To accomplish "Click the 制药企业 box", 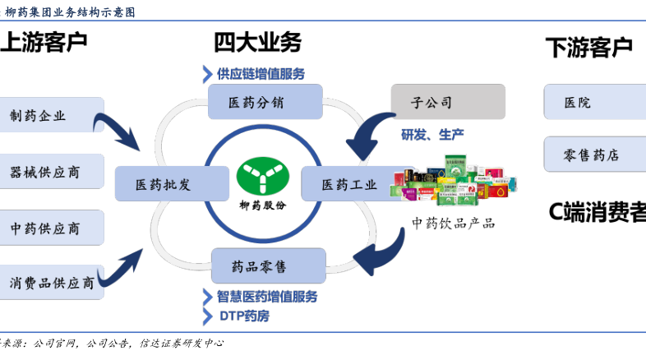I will (51, 115).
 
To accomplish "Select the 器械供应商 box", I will (51, 171).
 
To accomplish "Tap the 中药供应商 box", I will (51, 227).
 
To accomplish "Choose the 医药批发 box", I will (162, 184).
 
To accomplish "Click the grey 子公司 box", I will (447, 102).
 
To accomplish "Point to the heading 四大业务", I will (257, 42).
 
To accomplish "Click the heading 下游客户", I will (588, 47).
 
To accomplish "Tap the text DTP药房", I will (243, 315).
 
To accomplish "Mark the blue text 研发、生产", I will (432, 134).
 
